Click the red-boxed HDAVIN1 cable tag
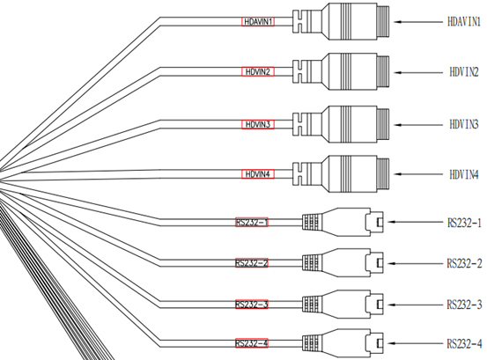(258, 22)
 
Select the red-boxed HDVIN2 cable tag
(258, 71)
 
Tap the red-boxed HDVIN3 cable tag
(258, 124)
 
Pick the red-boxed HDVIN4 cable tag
(258, 174)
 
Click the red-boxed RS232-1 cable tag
(252, 222)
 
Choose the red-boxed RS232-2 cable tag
(252, 263)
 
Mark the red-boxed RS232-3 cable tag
(252, 305)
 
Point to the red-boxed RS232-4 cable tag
(252, 343)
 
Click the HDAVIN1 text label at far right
(464, 22)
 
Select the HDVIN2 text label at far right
(464, 72)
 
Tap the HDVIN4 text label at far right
(464, 174)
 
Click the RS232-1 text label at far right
(464, 223)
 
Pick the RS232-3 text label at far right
(464, 305)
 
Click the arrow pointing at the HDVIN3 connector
(418, 125)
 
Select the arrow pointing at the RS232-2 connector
(416, 263)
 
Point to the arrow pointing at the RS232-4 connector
(416, 343)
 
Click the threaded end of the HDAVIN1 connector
(383, 22)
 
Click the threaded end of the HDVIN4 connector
(383, 174)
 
